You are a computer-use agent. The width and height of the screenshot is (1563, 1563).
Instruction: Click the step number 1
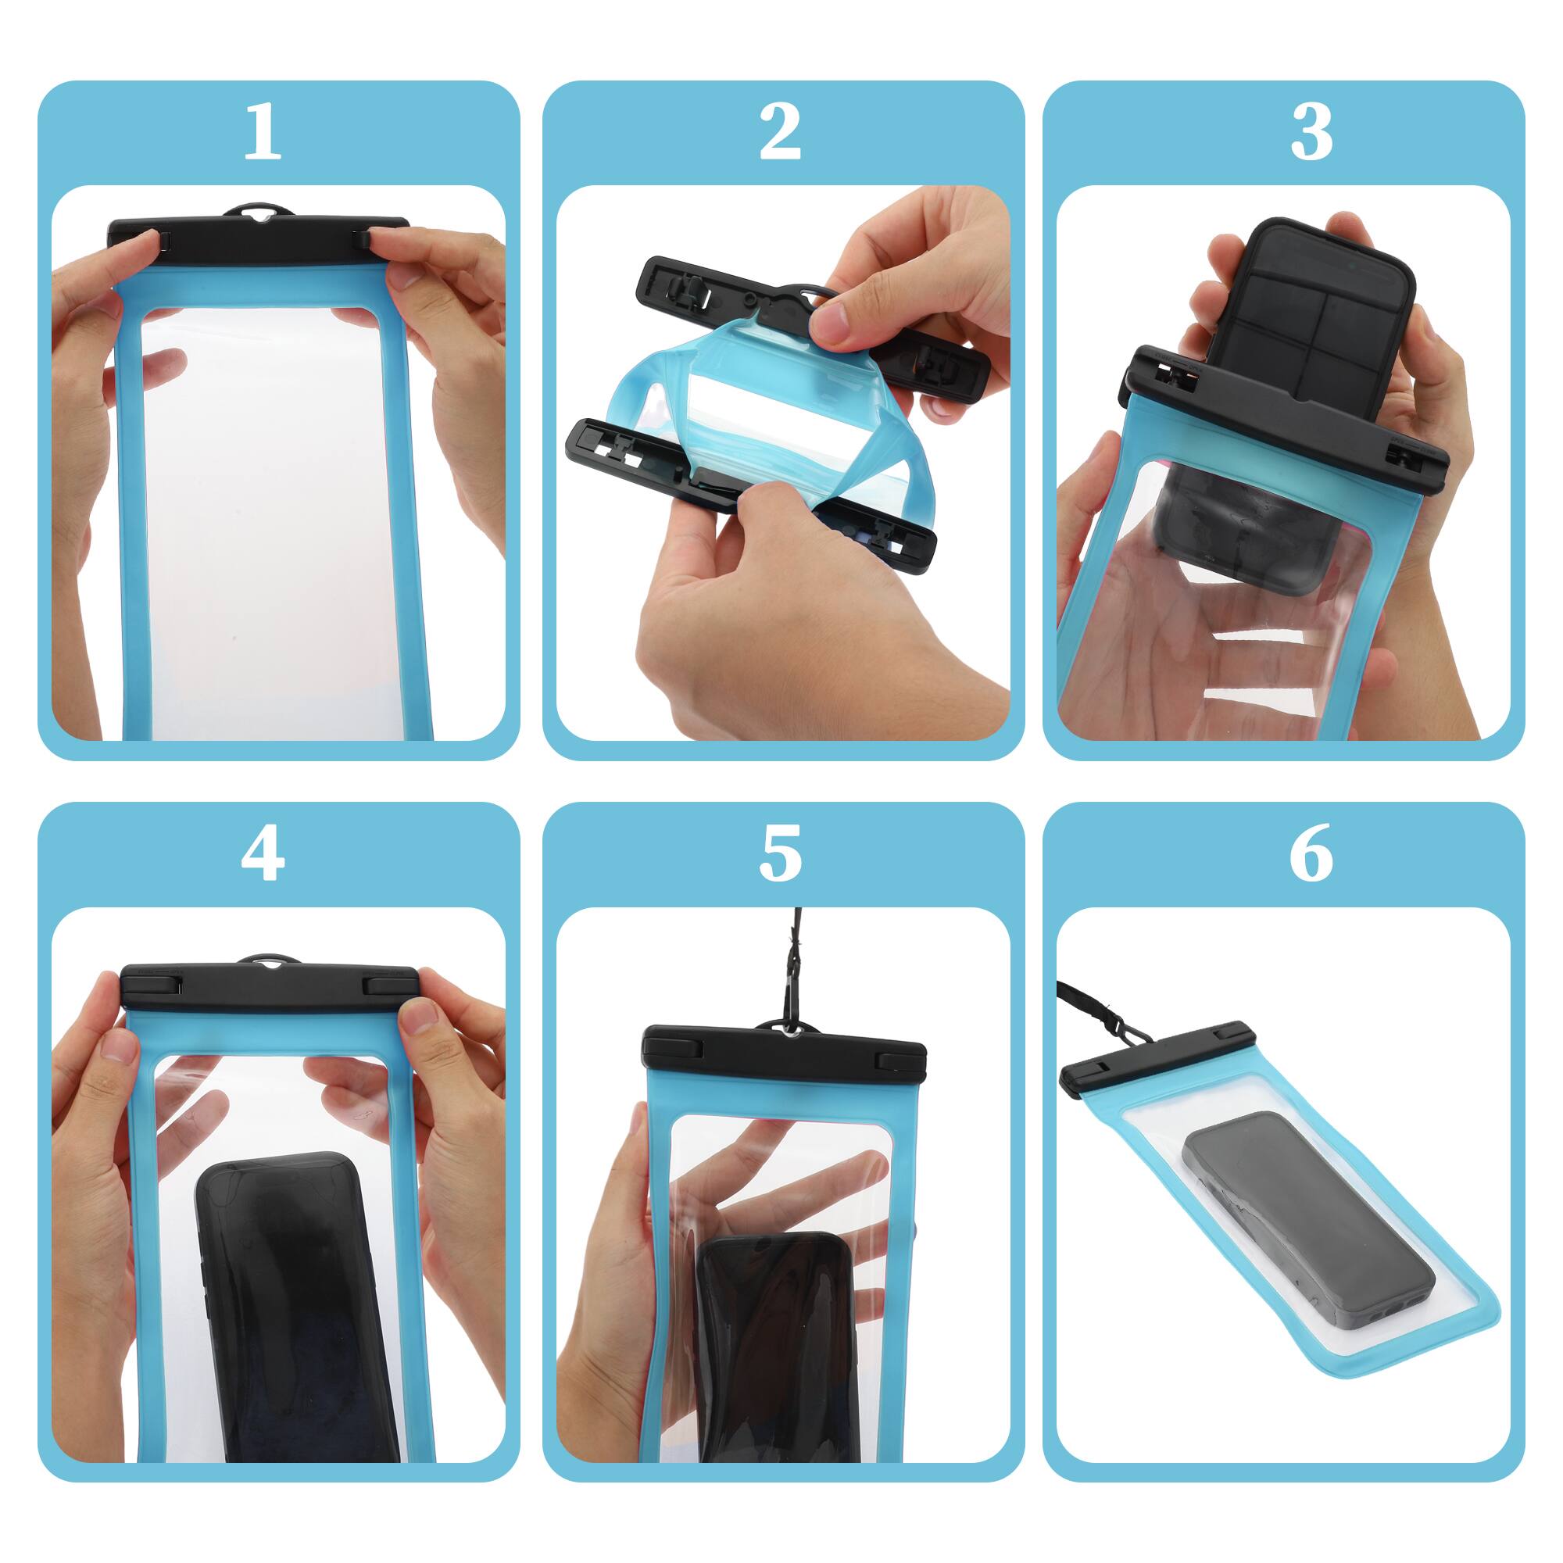[262, 132]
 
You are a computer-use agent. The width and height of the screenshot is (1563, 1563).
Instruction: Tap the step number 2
[780, 132]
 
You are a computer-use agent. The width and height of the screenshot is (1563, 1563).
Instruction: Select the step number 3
[1311, 132]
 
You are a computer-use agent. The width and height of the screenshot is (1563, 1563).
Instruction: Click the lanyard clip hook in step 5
[789, 1015]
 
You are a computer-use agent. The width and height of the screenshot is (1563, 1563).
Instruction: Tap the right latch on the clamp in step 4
[390, 985]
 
